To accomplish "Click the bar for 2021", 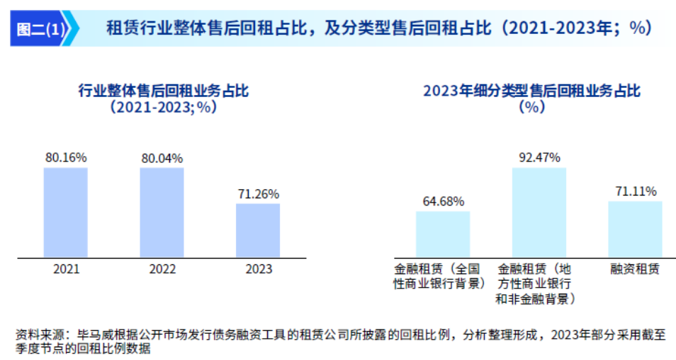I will (65, 212).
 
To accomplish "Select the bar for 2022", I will (162, 212).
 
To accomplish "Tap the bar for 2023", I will (258, 230).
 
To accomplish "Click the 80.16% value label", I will (65, 157).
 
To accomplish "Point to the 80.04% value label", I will (162, 157).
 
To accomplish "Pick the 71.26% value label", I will (258, 193).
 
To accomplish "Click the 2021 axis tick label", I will (65, 269).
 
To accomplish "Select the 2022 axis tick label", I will (162, 269).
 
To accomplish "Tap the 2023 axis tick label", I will (258, 269).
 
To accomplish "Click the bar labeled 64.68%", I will (443, 234).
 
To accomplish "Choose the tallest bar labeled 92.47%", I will (539, 212).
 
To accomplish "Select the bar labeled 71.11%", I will (635, 229).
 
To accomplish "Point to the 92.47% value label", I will (539, 157).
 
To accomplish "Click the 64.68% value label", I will (443, 201).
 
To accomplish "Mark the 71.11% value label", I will (635, 191).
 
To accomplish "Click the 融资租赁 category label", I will (635, 269).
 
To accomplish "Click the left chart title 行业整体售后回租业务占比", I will (163, 91).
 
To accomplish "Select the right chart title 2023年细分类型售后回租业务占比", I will (531, 91).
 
